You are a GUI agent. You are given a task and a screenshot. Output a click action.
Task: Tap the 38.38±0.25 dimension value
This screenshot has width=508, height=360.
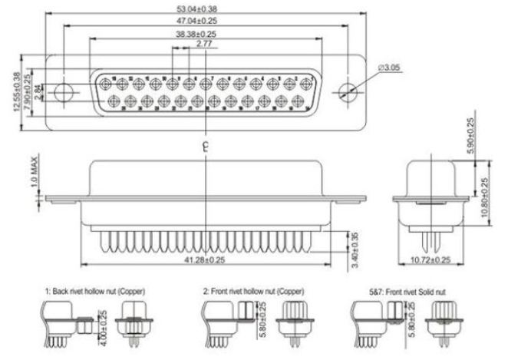coord(195,35)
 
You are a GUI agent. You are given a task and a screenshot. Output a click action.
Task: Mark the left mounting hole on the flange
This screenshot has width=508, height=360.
coord(64,92)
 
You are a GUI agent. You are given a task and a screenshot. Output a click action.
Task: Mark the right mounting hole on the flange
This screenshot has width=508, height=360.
coord(347,91)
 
